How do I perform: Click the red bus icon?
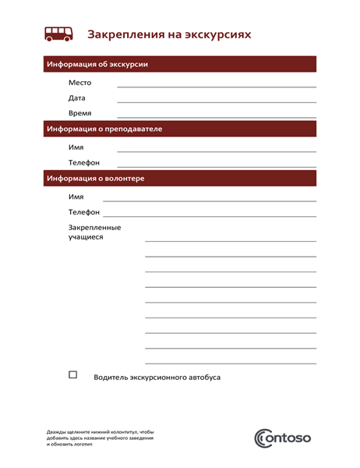click(x=59, y=34)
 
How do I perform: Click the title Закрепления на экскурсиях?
click(x=169, y=34)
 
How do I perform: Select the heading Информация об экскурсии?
click(x=97, y=64)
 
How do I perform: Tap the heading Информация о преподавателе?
click(x=104, y=129)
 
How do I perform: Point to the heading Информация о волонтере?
click(x=95, y=179)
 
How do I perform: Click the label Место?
click(x=79, y=83)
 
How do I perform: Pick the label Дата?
click(x=77, y=98)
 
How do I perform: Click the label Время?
click(x=79, y=113)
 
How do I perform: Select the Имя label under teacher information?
click(x=76, y=147)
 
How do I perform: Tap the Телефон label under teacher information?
click(x=84, y=162)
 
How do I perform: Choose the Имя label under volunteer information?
click(x=76, y=197)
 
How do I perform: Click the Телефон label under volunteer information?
click(x=84, y=212)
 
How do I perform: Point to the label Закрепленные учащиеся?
click(x=94, y=232)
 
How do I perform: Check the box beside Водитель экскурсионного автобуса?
click(x=73, y=375)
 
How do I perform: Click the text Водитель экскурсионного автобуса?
click(x=157, y=378)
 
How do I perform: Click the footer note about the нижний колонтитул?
click(x=100, y=438)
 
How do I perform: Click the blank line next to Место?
click(x=217, y=85)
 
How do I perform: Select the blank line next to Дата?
click(x=217, y=101)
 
